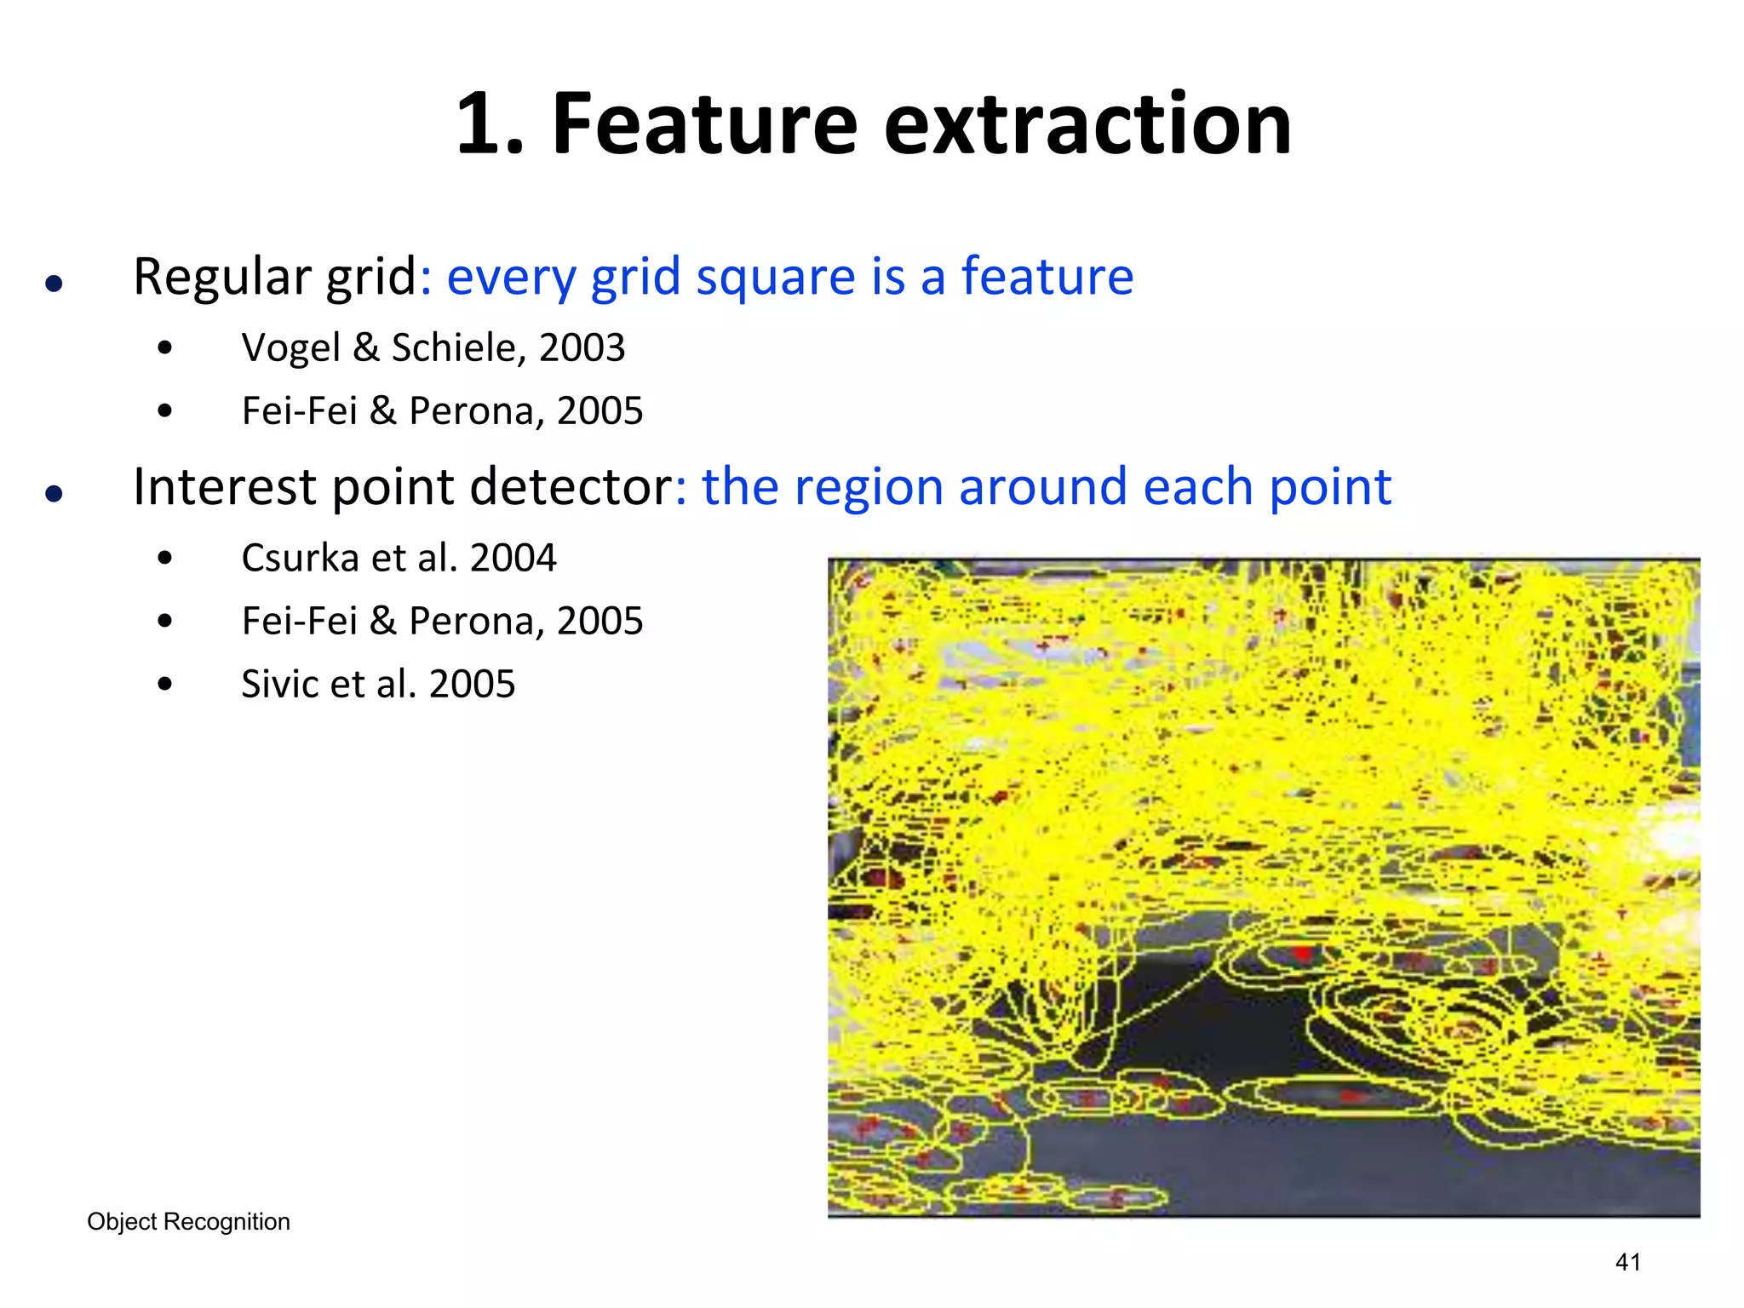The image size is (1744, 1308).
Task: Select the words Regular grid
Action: (x=274, y=278)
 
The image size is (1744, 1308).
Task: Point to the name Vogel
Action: (x=290, y=347)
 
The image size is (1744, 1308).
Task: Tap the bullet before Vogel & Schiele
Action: (x=165, y=347)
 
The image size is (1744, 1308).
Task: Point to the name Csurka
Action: (x=300, y=559)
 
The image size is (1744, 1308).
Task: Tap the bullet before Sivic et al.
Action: (x=165, y=685)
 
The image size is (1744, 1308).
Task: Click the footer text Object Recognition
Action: (x=188, y=1222)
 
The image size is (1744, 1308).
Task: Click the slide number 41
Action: (x=1627, y=1262)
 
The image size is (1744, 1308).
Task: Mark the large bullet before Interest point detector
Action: (x=54, y=493)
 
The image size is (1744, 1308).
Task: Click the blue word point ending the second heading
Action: (x=1330, y=487)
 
